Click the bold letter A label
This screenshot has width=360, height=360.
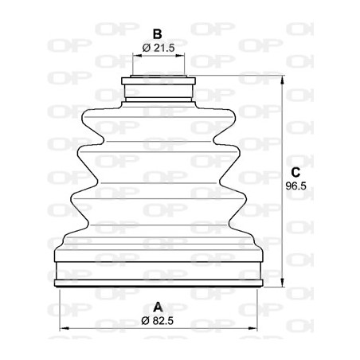point(158,306)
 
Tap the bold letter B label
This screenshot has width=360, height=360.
point(158,34)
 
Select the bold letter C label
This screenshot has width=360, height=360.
point(295,172)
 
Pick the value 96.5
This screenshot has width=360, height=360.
point(295,186)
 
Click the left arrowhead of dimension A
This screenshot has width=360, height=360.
point(65,328)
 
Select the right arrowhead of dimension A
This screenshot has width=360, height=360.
point(256,328)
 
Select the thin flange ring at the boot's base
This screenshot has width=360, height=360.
point(158,283)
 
